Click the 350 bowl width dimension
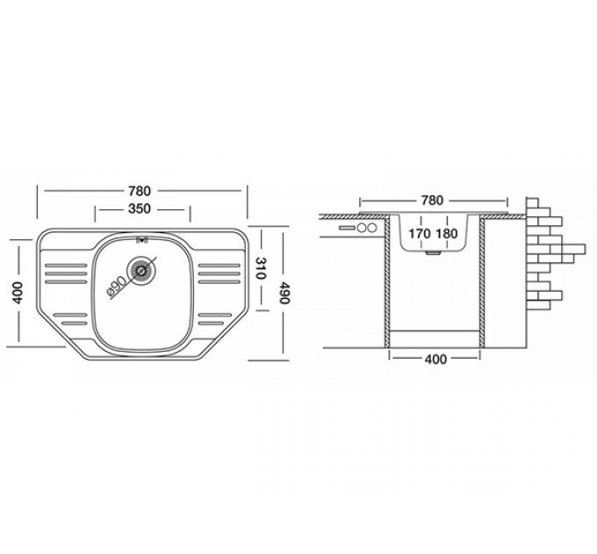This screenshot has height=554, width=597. pos(142,209)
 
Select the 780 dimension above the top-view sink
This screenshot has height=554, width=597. pos(142,191)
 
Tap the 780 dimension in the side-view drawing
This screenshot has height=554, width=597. pos(432,200)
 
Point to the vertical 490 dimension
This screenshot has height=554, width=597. pos(284,294)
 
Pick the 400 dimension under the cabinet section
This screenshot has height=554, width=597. pos(435,359)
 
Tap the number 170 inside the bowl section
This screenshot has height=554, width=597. pos(420,234)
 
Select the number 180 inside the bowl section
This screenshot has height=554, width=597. pos(447,234)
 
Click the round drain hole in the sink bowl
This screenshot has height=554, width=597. pos(140,268)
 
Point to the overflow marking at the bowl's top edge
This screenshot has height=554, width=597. pos(140,238)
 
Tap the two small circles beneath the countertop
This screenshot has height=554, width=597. pos(367,228)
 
